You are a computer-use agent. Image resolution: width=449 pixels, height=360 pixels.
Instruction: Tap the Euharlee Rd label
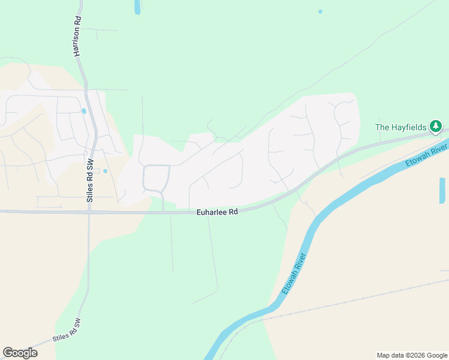click(217, 212)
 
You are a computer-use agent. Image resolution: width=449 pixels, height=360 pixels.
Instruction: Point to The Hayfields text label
click(400, 127)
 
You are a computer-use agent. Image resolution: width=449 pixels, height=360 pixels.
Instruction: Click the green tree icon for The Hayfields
click(436, 127)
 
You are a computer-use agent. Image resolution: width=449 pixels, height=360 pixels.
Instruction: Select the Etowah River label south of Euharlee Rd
click(295, 274)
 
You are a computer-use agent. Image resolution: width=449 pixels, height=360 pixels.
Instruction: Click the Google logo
click(20, 353)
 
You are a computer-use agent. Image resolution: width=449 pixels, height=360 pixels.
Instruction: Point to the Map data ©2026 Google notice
click(412, 355)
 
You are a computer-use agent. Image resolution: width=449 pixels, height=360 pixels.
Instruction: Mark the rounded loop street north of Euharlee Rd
click(155, 178)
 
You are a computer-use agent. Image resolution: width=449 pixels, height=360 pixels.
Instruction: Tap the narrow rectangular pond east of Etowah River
click(442, 190)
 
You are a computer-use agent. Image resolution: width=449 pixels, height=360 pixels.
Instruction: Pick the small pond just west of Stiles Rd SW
click(83, 111)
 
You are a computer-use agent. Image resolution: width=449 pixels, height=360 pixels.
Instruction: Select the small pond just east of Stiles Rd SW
click(105, 171)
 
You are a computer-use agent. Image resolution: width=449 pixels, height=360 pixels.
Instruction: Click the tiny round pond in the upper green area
click(320, 11)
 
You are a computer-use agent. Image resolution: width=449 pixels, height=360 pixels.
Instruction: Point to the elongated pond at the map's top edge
click(137, 7)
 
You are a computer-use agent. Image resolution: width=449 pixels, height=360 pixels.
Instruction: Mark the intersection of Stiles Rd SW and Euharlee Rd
click(89, 212)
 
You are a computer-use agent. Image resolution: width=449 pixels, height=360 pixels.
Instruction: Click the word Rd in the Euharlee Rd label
click(233, 212)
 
